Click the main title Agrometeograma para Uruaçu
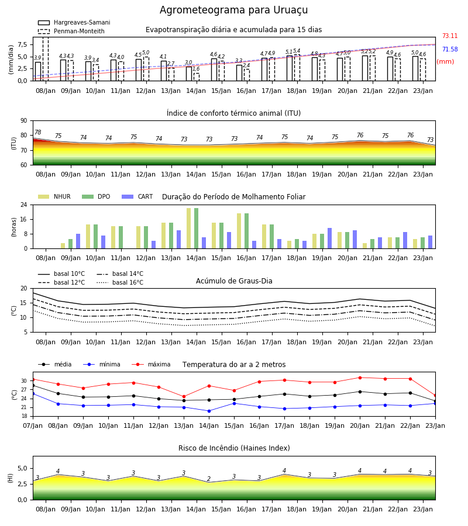click(233, 10)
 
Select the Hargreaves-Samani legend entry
click(74, 22)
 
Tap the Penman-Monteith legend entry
click(71, 31)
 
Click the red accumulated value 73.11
click(450, 36)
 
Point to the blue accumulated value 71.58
click(450, 49)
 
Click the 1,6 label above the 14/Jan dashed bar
click(196, 69)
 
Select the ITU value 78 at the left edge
click(38, 132)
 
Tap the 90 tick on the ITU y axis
click(24, 121)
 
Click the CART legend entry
click(137, 196)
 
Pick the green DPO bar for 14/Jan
click(196, 229)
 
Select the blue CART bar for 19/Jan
click(330, 238)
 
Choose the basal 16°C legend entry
click(120, 282)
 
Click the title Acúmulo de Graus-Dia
click(234, 281)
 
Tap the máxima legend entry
click(151, 364)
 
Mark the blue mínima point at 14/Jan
click(209, 411)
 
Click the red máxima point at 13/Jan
click(184, 396)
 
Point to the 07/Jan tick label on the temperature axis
click(33, 425)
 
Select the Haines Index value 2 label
click(209, 479)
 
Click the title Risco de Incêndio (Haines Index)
click(234, 448)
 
